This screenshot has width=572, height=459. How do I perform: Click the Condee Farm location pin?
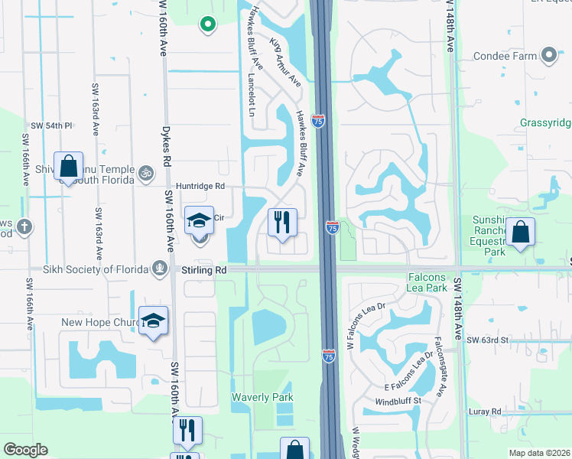click(548, 55)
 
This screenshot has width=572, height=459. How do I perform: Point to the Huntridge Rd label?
click(200, 186)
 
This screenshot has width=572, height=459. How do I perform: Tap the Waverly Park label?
click(262, 397)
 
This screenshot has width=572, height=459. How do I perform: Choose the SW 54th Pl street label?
click(51, 125)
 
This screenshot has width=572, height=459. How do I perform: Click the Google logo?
click(25, 449)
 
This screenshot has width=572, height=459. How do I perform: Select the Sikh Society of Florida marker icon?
click(160, 268)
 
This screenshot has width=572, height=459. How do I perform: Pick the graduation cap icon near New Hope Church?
click(153, 321)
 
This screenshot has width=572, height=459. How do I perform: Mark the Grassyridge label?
click(545, 122)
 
